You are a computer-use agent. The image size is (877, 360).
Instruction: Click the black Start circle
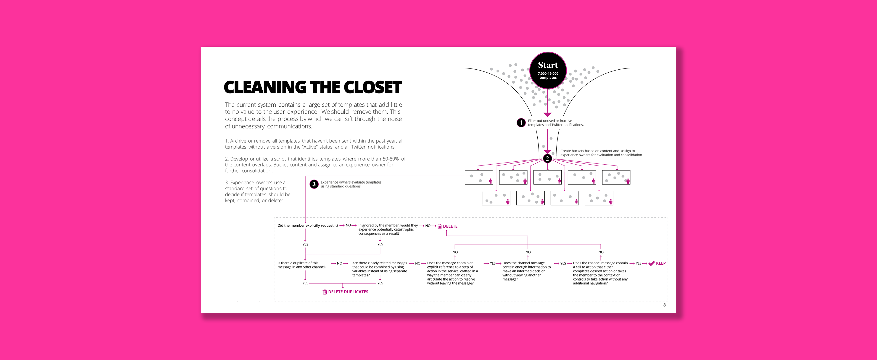(548, 70)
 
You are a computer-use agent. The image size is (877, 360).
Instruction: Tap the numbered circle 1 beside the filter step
(521, 123)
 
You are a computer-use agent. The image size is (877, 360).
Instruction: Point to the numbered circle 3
(314, 184)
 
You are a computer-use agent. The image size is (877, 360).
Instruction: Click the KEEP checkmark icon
(652, 263)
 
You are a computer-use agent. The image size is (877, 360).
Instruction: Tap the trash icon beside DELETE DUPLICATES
(325, 292)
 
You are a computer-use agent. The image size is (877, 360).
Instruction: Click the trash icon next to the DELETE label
(439, 226)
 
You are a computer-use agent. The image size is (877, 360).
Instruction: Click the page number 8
(664, 305)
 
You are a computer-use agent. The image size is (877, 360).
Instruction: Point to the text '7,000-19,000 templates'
(548, 76)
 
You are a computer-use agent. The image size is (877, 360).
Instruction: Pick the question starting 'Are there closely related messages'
(380, 269)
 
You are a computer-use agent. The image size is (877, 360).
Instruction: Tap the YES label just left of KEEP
(638, 263)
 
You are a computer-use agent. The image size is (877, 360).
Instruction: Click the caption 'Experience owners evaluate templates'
(351, 184)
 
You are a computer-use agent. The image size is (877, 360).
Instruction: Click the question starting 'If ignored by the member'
(388, 229)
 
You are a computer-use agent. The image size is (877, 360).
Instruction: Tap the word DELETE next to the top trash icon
(450, 226)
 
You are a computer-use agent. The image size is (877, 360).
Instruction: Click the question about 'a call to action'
(600, 273)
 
